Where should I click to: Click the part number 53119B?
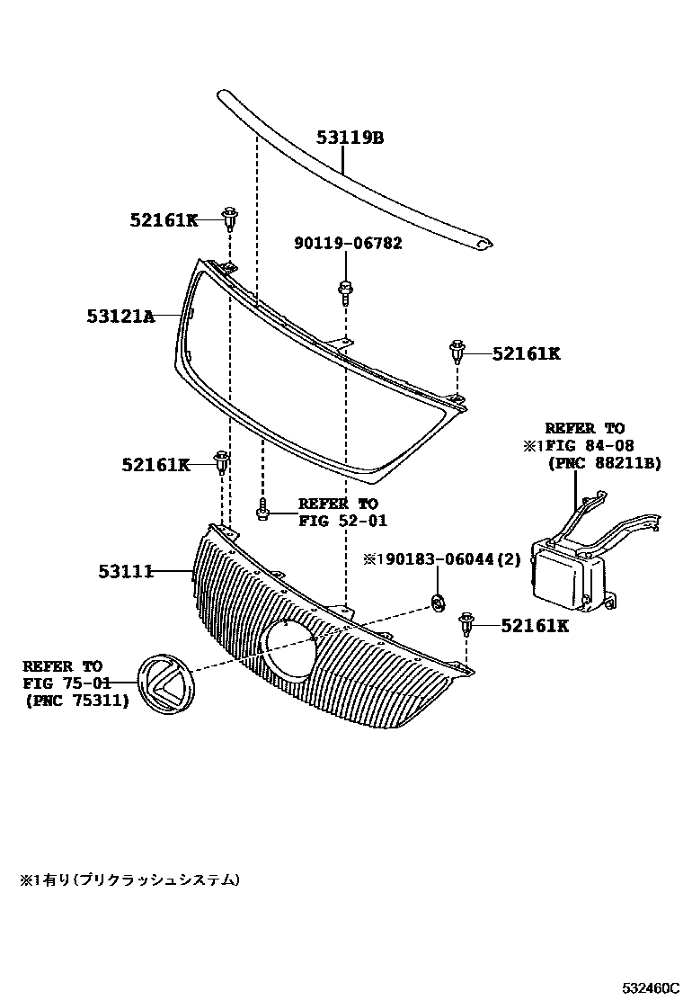(x=350, y=138)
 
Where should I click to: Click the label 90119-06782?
(x=348, y=243)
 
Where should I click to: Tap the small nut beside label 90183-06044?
(x=438, y=602)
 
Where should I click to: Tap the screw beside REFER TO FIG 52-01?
(x=262, y=512)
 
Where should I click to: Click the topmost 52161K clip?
(x=231, y=217)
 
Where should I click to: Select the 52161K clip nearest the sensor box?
(x=466, y=622)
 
